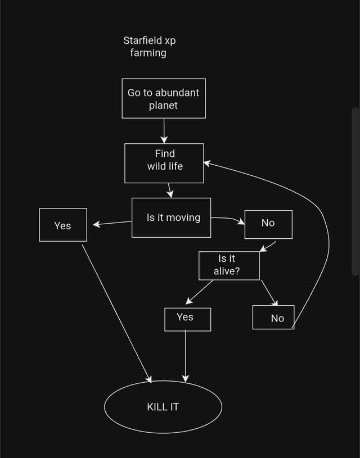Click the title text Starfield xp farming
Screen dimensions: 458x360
[150, 47]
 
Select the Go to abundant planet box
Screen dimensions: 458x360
[164, 98]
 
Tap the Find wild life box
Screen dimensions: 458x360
[164, 163]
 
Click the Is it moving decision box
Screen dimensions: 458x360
[172, 217]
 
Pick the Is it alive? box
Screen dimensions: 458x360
[229, 265]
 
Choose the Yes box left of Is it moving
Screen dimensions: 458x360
[63, 225]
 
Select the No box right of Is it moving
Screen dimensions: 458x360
[268, 224]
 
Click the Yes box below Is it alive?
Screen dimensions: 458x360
[187, 319]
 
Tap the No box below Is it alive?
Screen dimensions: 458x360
[273, 318]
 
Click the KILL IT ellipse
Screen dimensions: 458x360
[163, 406]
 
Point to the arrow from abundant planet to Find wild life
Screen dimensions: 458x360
[164, 130]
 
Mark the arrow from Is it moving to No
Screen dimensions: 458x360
[228, 219]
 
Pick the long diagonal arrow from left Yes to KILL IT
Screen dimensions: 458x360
[116, 311]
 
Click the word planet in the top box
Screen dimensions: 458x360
[164, 105]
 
